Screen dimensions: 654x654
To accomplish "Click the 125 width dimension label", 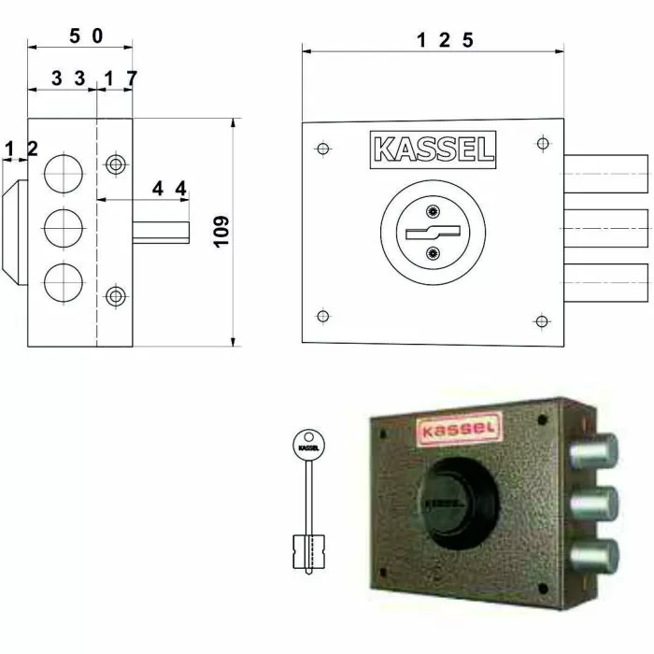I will (446, 39).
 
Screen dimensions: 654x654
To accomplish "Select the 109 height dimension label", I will (221, 231).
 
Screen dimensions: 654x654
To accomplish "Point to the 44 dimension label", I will (170, 189).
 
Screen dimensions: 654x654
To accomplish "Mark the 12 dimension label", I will (21, 149).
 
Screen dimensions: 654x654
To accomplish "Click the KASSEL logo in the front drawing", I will (434, 149).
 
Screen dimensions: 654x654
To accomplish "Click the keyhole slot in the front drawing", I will (432, 231).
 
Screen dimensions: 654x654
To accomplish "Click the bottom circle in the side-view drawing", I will (63, 281).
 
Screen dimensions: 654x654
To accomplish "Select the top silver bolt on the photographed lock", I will (592, 453).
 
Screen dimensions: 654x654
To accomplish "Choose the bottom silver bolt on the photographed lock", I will (592, 556).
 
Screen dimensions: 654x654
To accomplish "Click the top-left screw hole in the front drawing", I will (322, 149).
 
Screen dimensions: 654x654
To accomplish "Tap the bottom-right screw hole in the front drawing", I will (540, 321).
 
